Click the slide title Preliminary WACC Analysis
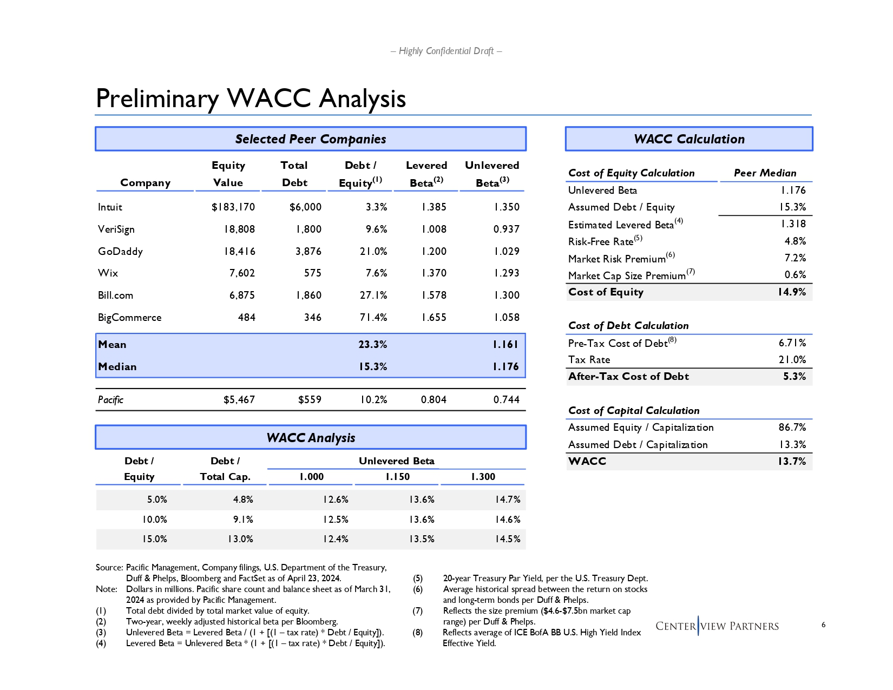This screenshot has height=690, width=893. (x=251, y=98)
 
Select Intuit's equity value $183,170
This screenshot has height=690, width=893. (x=233, y=207)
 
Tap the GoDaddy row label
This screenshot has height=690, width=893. (x=120, y=252)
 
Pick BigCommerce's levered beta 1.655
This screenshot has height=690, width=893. (x=434, y=318)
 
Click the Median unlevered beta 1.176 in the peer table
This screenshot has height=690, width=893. (x=505, y=367)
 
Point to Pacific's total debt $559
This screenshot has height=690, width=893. (x=310, y=400)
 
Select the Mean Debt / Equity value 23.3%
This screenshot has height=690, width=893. (x=373, y=345)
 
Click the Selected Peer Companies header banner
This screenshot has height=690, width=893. (x=311, y=139)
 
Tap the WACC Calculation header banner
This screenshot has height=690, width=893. (x=689, y=139)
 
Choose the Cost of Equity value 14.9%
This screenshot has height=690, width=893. (x=792, y=292)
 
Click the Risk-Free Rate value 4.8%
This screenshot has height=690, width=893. (x=795, y=241)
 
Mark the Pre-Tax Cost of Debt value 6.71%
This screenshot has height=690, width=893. (x=792, y=343)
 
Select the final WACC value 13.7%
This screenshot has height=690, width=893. (x=792, y=462)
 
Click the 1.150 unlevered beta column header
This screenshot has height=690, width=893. (x=397, y=477)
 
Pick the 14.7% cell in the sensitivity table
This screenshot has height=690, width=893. (x=508, y=500)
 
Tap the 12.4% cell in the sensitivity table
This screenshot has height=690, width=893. (x=336, y=540)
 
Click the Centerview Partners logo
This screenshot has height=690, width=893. (x=717, y=626)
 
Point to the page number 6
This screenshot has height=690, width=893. (x=823, y=625)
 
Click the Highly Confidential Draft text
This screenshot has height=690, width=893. (x=446, y=51)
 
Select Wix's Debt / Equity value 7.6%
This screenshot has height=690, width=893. (x=376, y=273)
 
